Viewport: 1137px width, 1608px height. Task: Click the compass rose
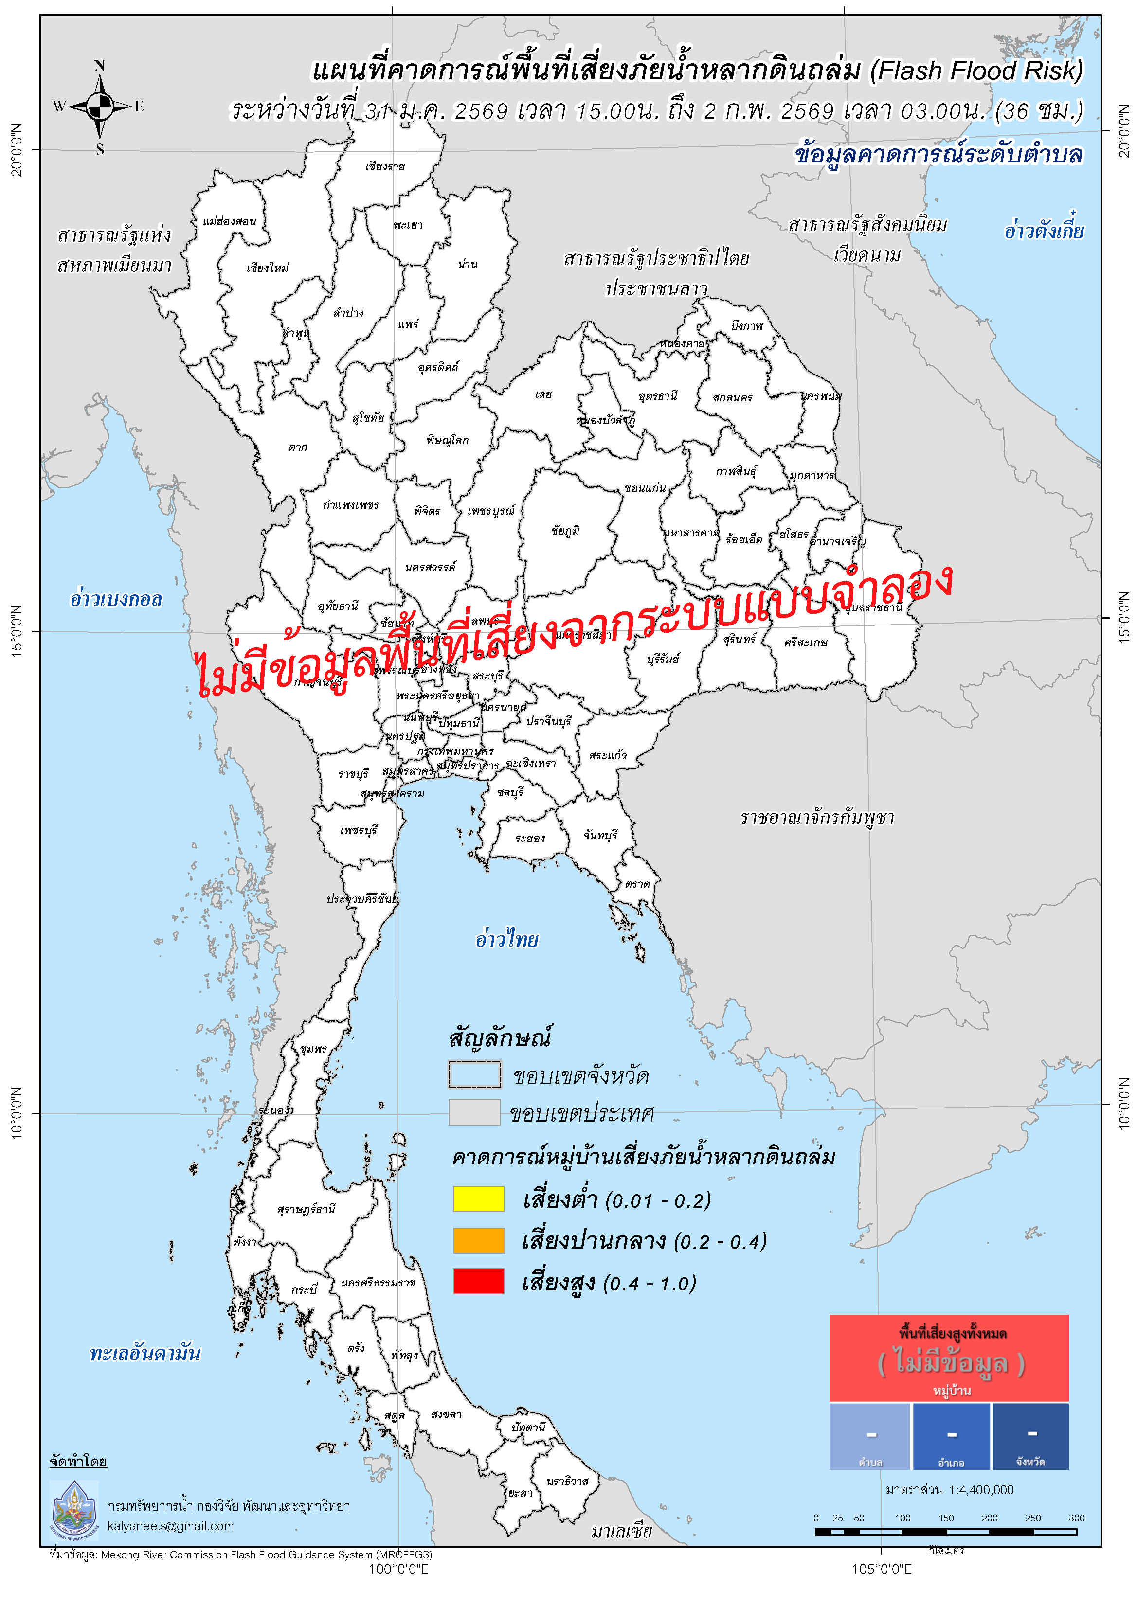pos(99,107)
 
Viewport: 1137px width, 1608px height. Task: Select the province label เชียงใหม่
pos(268,268)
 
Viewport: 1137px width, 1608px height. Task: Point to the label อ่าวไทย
pos(506,939)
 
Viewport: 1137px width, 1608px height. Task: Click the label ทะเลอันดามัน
pos(145,1354)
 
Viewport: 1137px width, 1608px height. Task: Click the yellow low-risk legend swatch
pos(478,1199)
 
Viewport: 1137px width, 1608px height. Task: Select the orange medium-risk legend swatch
pos(478,1240)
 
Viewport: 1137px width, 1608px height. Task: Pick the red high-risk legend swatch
pos(478,1281)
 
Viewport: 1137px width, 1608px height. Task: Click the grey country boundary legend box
pos(474,1112)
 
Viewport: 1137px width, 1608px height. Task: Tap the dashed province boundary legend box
pos(474,1074)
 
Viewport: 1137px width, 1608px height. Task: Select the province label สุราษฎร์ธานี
pos(306,1210)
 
